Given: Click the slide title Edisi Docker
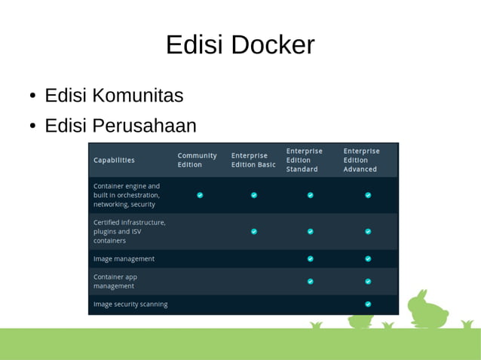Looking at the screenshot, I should pos(240,45).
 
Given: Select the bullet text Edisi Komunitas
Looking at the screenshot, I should pos(114,96).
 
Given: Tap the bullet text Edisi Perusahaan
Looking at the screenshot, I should pos(121,125).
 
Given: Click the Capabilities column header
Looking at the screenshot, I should pos(114,160).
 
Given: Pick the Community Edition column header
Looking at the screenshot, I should pos(197,160).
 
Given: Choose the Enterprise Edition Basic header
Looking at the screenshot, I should pos(253,160).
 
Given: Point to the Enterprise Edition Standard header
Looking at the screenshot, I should pos(304,160).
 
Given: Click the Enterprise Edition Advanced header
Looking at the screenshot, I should pos(361,160).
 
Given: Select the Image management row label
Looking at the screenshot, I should pos(124,258).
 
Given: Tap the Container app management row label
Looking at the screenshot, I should pos(115,281).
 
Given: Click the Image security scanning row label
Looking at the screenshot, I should pos(130,304).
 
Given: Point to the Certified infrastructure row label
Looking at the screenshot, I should pos(129,231).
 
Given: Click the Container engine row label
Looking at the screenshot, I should pos(127,194).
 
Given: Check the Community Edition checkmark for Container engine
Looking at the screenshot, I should pos(200,195).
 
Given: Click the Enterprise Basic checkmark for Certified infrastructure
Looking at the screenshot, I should pos(254,231).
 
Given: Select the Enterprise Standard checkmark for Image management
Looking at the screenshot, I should pos(310,258).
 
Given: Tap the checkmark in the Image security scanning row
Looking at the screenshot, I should pos(368,304).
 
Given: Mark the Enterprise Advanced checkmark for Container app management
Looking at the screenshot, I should pos(368,281).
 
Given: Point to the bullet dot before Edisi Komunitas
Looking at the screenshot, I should pos(33,96).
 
